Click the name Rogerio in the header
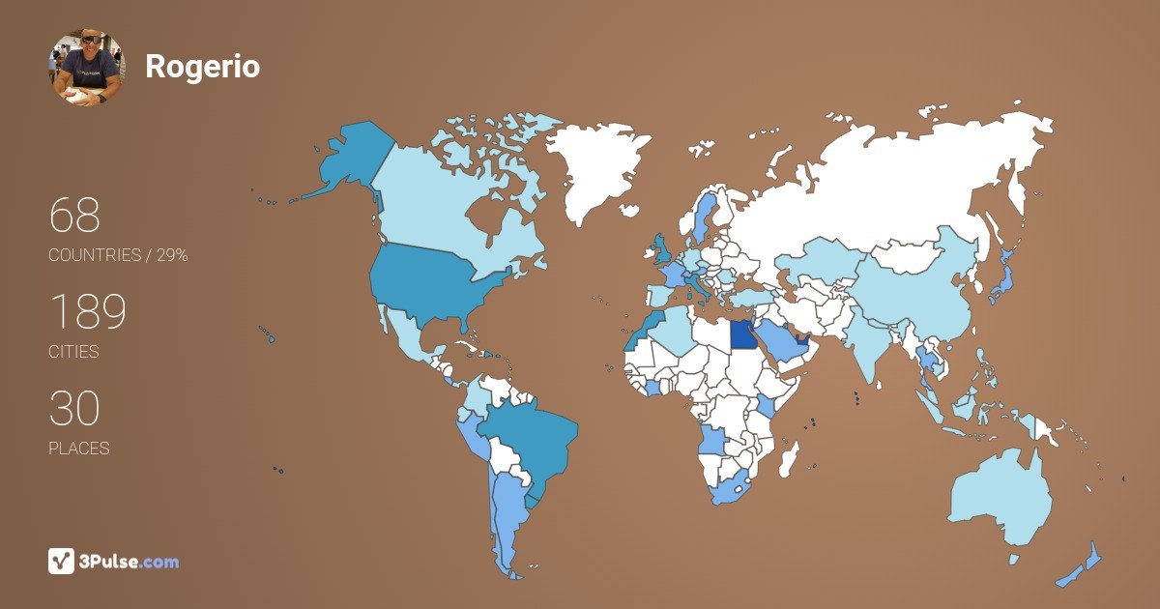pyautogui.click(x=202, y=67)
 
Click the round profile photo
pyautogui.click(x=87, y=67)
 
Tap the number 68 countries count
pyautogui.click(x=74, y=216)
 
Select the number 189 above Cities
pyautogui.click(x=88, y=312)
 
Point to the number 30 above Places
pyautogui.click(x=74, y=409)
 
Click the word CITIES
pyautogui.click(x=74, y=352)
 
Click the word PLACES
pyautogui.click(x=79, y=449)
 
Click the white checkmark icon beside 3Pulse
pyautogui.click(x=61, y=561)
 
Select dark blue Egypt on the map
pyautogui.click(x=743, y=334)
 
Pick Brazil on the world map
pyautogui.click(x=527, y=435)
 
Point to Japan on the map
pyautogui.click(x=1002, y=275)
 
